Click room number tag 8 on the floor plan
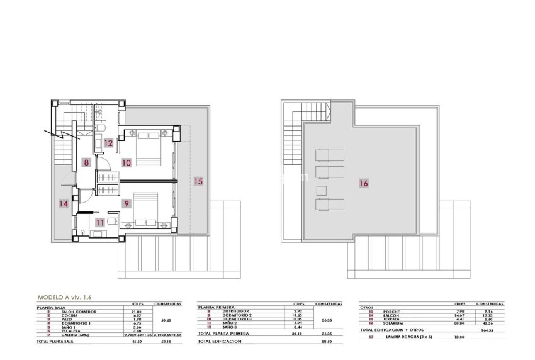[86, 162]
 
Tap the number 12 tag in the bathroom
[108, 143]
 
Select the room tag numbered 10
[127, 162]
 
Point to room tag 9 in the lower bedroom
[127, 203]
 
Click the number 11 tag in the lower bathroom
[99, 222]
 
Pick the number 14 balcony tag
[63, 203]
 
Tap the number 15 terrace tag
[198, 181]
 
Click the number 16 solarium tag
[364, 184]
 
